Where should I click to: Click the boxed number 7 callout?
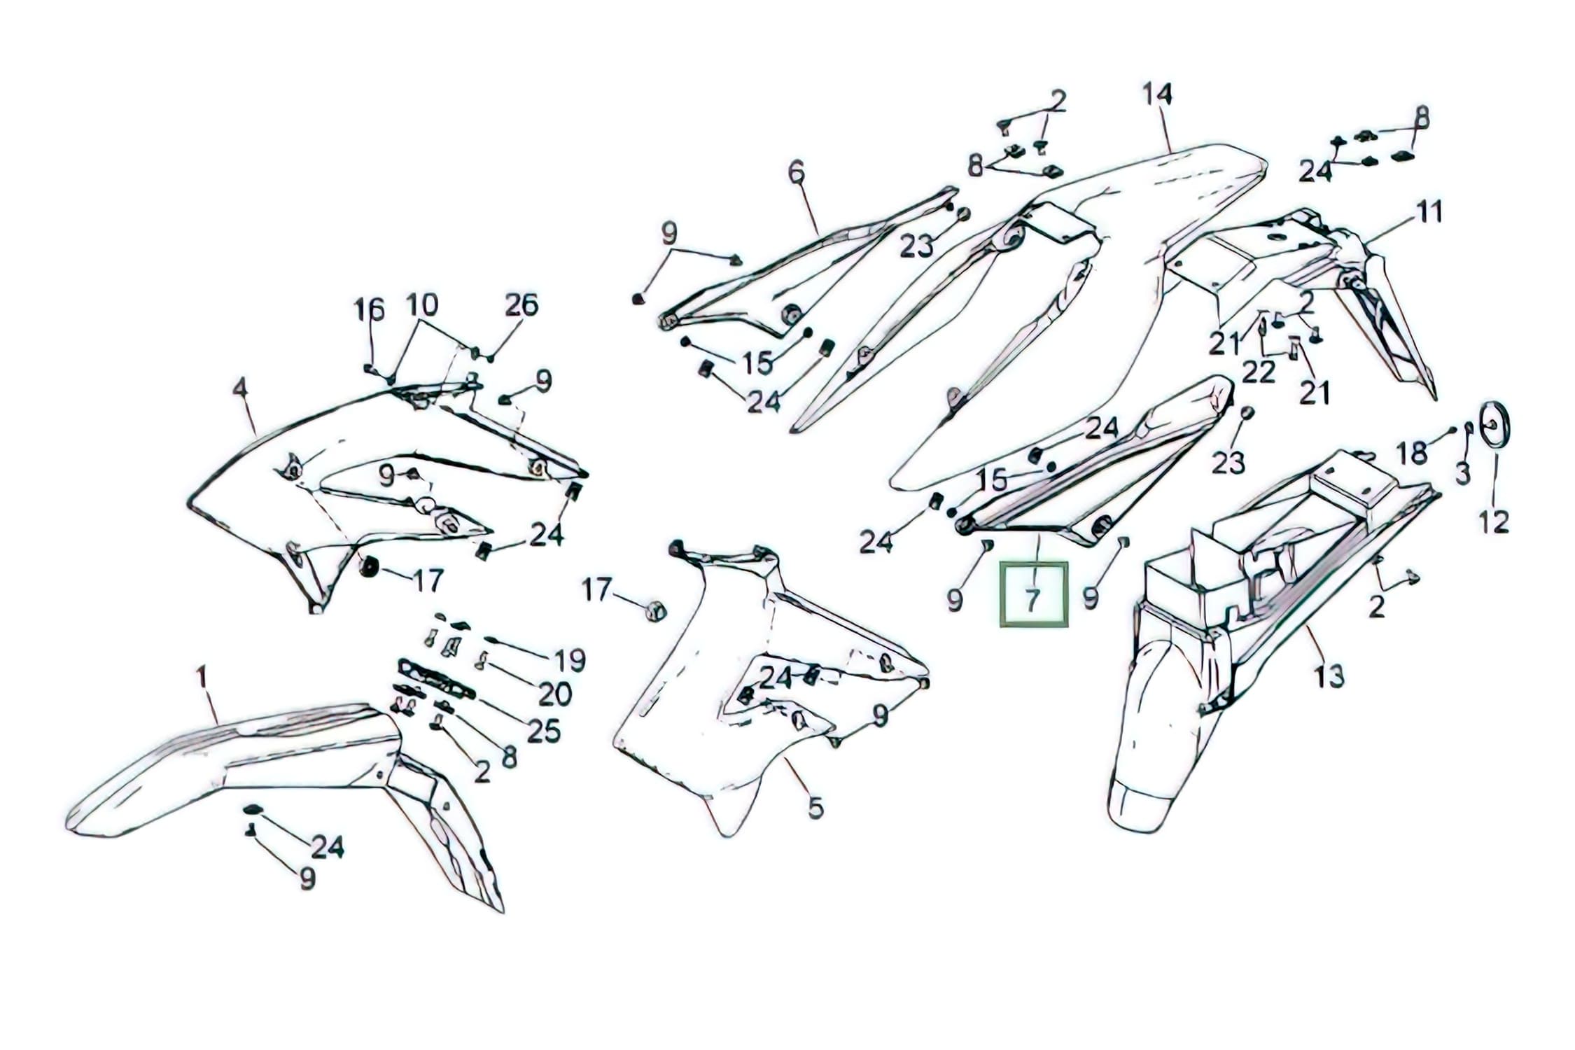click(x=1033, y=594)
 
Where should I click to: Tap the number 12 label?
click(x=1493, y=521)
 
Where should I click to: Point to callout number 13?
click(x=1329, y=676)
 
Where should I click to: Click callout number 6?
click(x=797, y=171)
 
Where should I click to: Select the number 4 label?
click(x=240, y=387)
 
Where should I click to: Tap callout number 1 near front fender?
click(x=202, y=677)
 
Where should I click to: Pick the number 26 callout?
click(x=521, y=304)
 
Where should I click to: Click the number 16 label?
click(x=369, y=309)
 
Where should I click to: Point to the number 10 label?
click(x=422, y=304)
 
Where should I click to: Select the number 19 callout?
click(x=570, y=660)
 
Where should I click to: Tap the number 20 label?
click(x=555, y=694)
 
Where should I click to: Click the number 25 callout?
click(x=544, y=731)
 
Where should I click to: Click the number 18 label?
click(x=1411, y=454)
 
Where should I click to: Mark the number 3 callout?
click(x=1462, y=474)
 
